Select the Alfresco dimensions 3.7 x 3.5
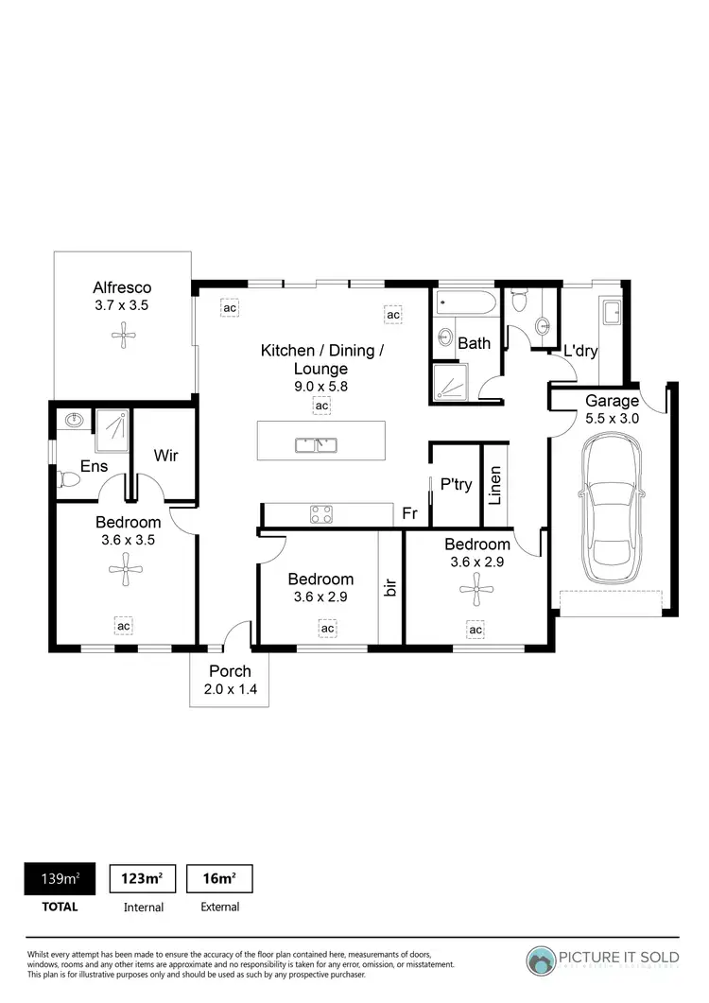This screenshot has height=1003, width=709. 121,305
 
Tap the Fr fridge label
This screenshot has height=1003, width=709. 410,513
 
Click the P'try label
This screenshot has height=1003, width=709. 457,484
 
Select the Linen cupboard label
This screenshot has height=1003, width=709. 495,484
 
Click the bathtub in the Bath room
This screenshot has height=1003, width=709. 464,304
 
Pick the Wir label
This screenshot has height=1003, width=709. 165,455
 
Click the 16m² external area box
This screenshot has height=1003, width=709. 218,879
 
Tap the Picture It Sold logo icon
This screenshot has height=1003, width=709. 543,960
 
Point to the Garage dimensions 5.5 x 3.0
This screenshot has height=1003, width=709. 612,417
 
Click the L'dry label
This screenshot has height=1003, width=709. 580,352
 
